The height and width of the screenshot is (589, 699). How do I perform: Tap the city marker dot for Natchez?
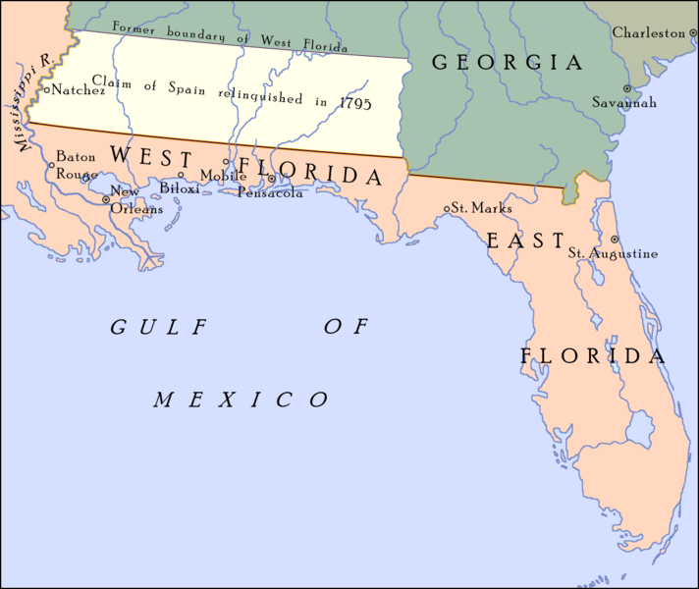(x=47, y=89)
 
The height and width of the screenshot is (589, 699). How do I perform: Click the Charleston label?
(x=648, y=32)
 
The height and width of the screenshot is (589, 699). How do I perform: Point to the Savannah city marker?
(x=599, y=101)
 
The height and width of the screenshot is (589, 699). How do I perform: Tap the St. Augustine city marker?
(x=615, y=239)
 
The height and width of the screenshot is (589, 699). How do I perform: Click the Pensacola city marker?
(x=272, y=179)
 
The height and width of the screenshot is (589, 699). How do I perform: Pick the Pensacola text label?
(x=270, y=192)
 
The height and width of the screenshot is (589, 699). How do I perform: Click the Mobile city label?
(x=216, y=176)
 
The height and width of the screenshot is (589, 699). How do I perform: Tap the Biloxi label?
(x=180, y=188)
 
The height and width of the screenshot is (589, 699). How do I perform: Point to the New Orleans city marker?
(x=106, y=200)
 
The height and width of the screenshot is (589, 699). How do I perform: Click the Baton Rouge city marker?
(x=51, y=165)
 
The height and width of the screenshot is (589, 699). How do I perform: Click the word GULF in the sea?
(x=146, y=328)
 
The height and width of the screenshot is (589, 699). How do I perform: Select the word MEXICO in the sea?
(x=241, y=400)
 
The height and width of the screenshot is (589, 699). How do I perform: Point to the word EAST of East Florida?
(x=525, y=241)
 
